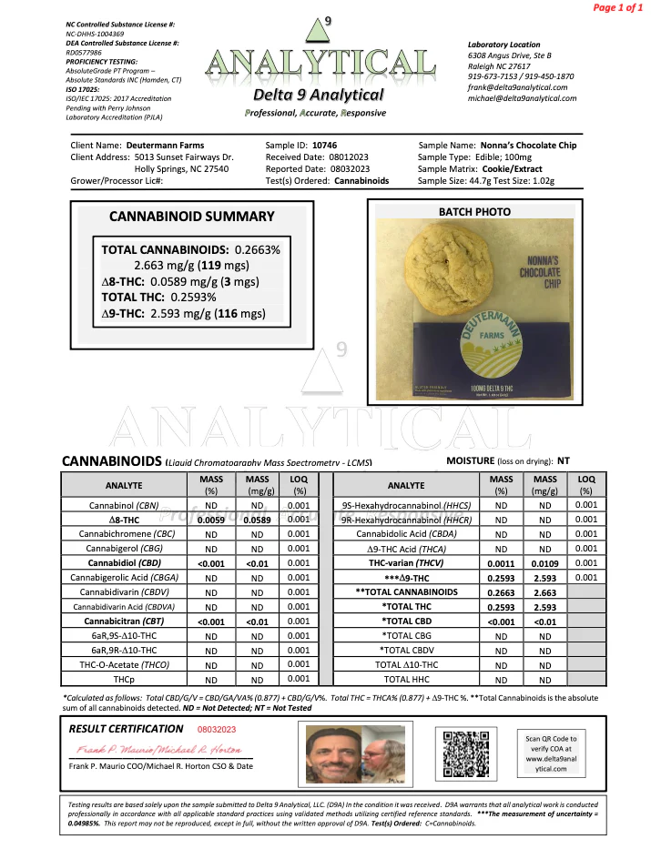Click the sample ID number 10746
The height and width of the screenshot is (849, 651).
tap(325, 145)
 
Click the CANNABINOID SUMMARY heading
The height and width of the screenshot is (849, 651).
tap(191, 217)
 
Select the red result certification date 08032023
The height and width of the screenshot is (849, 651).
tap(217, 729)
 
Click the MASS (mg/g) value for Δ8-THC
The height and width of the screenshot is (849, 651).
tap(258, 519)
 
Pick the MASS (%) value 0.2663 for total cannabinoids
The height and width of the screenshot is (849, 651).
tap(501, 591)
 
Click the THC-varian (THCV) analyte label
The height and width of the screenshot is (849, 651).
tap(407, 562)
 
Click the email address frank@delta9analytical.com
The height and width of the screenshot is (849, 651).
tap(517, 87)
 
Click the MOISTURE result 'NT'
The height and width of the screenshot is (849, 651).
tap(564, 461)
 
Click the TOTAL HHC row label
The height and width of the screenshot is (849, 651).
tap(407, 679)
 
